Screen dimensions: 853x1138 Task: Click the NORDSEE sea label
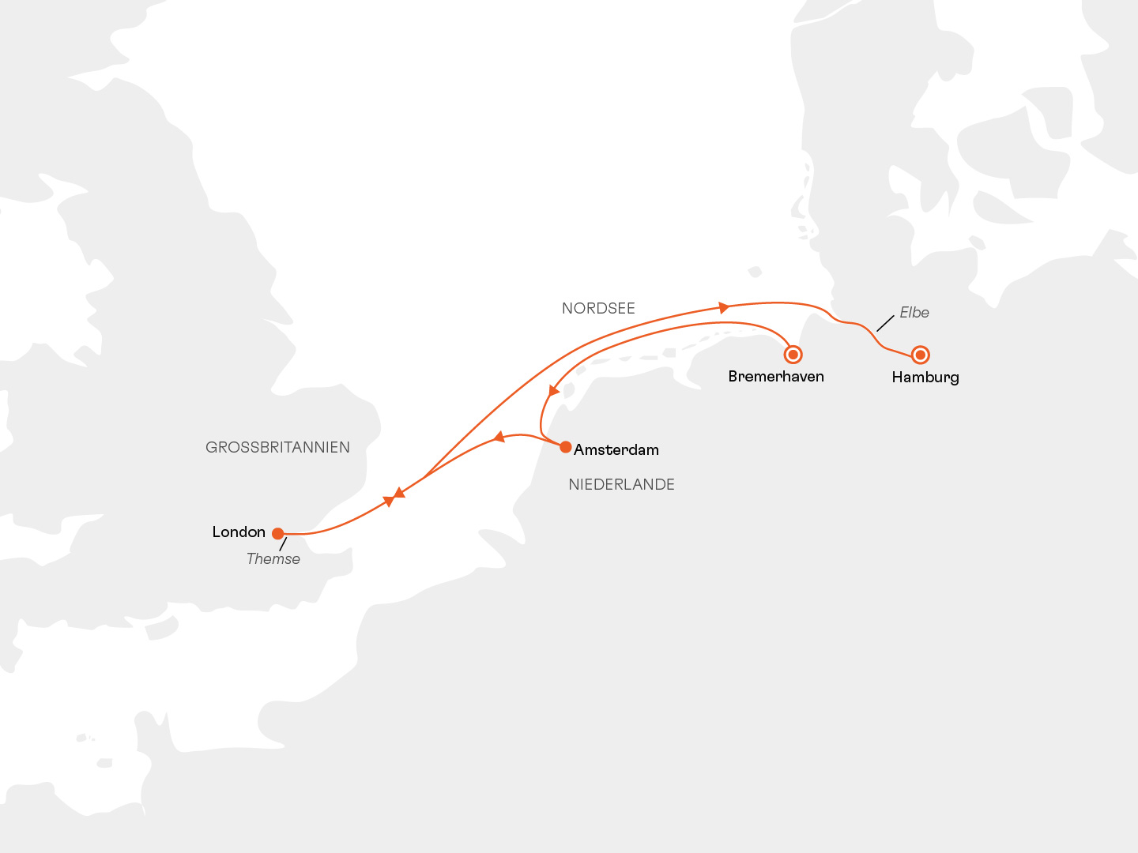click(x=598, y=309)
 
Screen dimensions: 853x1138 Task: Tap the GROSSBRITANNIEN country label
click(x=277, y=448)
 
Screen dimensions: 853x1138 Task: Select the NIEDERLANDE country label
click(x=621, y=485)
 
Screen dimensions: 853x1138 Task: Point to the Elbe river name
click(x=914, y=313)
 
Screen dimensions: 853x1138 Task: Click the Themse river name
click(x=273, y=559)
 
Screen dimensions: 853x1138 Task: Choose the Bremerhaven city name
click(x=776, y=377)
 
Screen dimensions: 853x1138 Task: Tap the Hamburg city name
click(x=925, y=378)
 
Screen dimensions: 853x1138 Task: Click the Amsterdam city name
click(x=616, y=450)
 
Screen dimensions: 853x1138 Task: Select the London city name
click(x=239, y=532)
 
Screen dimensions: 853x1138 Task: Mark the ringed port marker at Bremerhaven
click(x=793, y=355)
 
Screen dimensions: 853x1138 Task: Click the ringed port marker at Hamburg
click(x=920, y=355)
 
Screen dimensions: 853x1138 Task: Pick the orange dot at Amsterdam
click(x=566, y=447)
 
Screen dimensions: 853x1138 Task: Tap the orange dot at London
click(x=278, y=534)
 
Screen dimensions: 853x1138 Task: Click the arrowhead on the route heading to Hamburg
click(x=724, y=306)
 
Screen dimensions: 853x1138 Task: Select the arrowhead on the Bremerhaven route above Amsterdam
click(x=554, y=391)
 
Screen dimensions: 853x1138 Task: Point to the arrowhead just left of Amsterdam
click(x=499, y=437)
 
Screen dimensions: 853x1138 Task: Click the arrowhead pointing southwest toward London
click(x=400, y=493)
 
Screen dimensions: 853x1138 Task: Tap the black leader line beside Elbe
click(x=885, y=322)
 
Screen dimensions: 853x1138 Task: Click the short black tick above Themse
click(x=283, y=544)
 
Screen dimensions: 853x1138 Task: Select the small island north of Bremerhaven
click(x=755, y=272)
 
